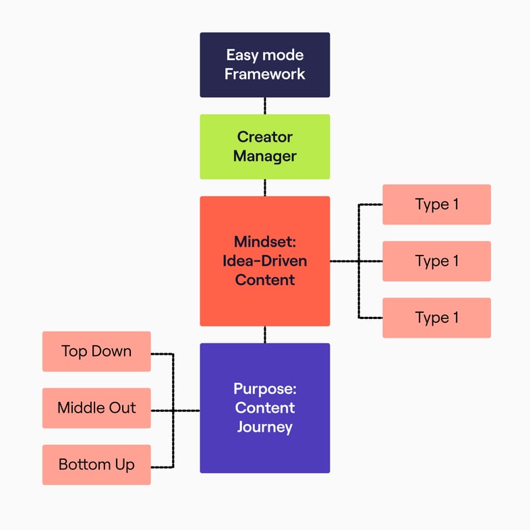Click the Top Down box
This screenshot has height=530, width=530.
(x=96, y=351)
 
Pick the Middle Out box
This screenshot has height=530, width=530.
(x=96, y=408)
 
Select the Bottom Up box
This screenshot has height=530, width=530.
(x=96, y=465)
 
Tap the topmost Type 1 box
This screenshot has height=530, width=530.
(x=436, y=204)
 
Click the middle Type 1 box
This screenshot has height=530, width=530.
(x=436, y=261)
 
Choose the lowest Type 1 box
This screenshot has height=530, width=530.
(x=436, y=318)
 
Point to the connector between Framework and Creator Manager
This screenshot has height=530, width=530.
(x=264, y=106)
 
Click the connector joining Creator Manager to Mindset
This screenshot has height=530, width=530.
(x=264, y=187)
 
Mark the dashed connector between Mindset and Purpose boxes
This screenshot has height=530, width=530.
(x=264, y=334)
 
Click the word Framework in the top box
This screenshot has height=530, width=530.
(x=264, y=73)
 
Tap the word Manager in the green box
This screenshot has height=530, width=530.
(x=264, y=156)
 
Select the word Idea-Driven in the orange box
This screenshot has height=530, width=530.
(x=264, y=260)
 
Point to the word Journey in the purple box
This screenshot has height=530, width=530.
(x=264, y=427)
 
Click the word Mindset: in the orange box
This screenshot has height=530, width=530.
(x=264, y=241)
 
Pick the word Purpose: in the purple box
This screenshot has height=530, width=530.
(x=264, y=389)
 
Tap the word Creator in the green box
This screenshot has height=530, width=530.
(x=264, y=137)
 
